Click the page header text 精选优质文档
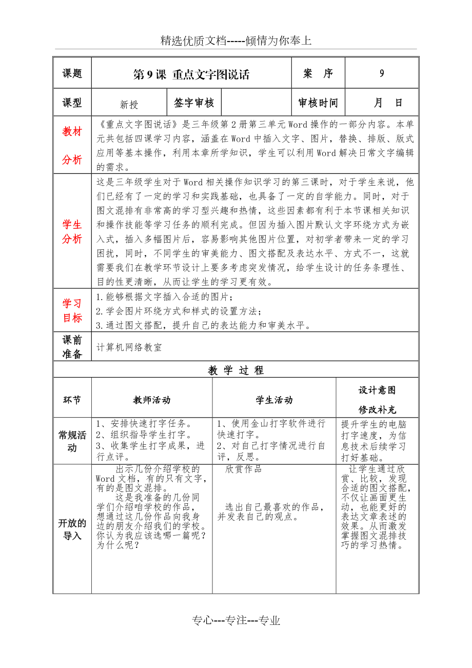(236, 41)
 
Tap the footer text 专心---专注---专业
(236, 621)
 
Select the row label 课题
(72, 73)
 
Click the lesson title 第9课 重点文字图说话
(191, 74)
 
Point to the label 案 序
(318, 73)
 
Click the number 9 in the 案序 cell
(382, 73)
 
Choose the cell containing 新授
(129, 105)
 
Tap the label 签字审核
(194, 103)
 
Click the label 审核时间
(318, 103)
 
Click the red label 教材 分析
(72, 146)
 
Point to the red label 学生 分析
(72, 231)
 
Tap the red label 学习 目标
(72, 310)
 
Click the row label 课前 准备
(72, 347)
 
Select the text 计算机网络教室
(129, 347)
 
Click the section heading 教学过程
(236, 370)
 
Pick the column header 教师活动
(152, 400)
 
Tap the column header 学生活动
(274, 400)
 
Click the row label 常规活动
(72, 441)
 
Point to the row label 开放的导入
(72, 529)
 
